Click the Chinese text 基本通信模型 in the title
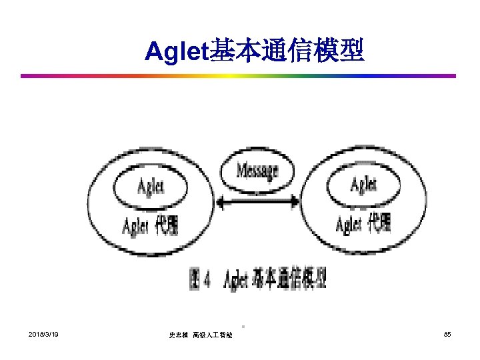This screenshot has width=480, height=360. tap(287, 51)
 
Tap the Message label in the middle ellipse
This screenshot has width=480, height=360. tap(257, 171)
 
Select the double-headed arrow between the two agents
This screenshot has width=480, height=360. tap(257, 199)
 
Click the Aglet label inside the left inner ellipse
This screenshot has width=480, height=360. tap(150, 187)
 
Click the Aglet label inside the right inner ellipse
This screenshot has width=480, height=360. tap(363, 184)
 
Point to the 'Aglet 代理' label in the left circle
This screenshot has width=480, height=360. tap(150, 227)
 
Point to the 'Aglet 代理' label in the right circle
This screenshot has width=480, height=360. tap(363, 224)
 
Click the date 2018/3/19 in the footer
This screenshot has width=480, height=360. tap(43, 333)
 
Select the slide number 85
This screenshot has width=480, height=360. tap(447, 333)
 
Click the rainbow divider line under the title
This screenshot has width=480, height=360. tap(240, 75)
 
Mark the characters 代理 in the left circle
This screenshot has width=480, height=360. tap(167, 227)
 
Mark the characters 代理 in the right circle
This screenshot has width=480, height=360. tap(381, 223)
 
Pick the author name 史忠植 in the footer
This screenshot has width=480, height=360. tap(178, 334)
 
